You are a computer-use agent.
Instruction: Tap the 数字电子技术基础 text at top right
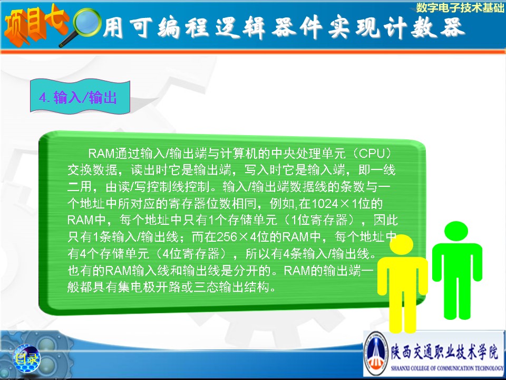[460, 7]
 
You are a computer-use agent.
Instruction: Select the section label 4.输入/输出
[78, 97]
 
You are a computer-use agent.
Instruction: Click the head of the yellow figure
[401, 244]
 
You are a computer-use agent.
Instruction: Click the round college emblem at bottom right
[376, 354]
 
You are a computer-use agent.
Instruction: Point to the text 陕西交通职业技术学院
[444, 352]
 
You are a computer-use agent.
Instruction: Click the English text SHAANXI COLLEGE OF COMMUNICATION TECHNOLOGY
[447, 368]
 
